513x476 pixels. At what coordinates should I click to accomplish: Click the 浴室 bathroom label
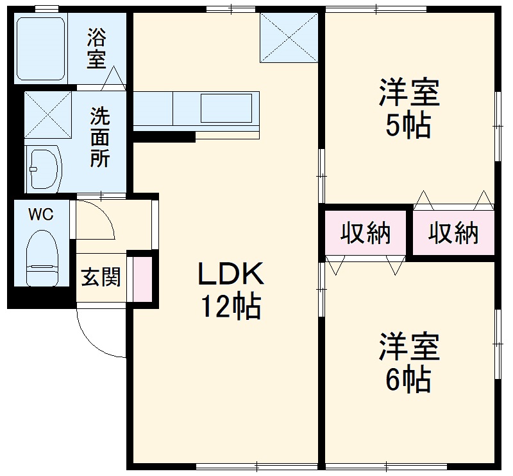tap(97, 49)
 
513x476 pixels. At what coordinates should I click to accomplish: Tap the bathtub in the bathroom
tap(41, 49)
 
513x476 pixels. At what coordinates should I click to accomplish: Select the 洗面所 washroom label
tap(100, 137)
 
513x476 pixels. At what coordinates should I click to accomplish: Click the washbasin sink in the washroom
tap(44, 169)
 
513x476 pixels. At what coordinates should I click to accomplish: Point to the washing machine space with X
tap(48, 115)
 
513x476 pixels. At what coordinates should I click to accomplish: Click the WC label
tap(41, 215)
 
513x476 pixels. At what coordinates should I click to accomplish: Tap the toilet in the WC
tap(42, 258)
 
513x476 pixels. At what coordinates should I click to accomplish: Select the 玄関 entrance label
tap(101, 277)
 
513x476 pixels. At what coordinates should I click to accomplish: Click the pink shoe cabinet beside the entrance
tap(142, 279)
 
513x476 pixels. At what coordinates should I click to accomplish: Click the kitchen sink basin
tap(226, 108)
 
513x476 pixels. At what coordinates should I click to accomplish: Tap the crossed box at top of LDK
tap(289, 38)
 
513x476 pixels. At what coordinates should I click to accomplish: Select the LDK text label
tap(231, 273)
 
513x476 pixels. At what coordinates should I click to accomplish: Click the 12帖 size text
tap(231, 307)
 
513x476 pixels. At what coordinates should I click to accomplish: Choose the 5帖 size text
tap(408, 125)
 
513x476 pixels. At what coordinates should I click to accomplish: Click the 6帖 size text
tap(408, 380)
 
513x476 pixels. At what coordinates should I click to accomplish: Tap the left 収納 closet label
tap(366, 233)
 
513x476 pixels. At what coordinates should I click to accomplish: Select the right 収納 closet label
tap(453, 233)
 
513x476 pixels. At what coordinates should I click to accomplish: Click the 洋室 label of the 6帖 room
tap(409, 347)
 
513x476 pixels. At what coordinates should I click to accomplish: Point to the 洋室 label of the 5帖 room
tap(409, 93)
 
